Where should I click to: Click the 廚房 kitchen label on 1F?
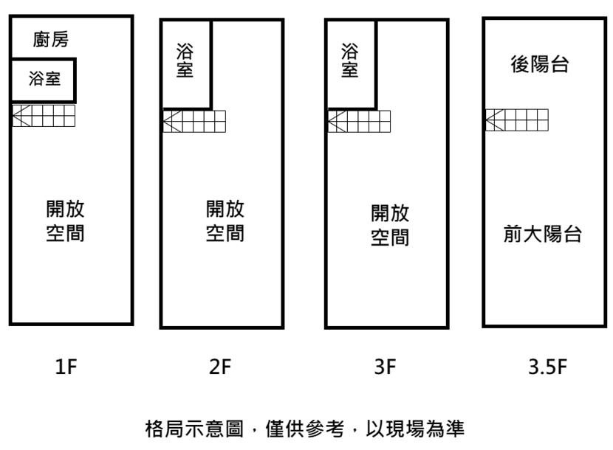(x=51, y=39)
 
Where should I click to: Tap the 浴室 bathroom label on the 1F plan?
(x=44, y=78)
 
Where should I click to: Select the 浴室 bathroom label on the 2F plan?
(x=185, y=60)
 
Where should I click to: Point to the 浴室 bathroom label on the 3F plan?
(x=349, y=60)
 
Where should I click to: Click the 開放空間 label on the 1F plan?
(x=65, y=221)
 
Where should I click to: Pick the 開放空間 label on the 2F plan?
(x=225, y=221)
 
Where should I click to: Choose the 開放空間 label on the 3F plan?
(x=390, y=225)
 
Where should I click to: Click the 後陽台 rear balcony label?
(x=539, y=64)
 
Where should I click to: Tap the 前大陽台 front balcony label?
(x=543, y=234)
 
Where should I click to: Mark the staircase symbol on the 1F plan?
(x=44, y=116)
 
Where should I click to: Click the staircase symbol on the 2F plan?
(x=194, y=122)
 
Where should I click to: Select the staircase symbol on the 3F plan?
(x=359, y=122)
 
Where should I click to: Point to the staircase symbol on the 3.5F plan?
(x=517, y=120)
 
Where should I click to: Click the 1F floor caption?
(x=66, y=367)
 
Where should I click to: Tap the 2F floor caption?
(x=220, y=367)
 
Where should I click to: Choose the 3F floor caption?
(x=385, y=367)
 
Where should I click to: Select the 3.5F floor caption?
(x=548, y=367)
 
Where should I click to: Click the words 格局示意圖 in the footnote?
(x=194, y=429)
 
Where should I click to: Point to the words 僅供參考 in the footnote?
(x=305, y=429)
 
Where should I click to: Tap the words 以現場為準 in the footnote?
(x=415, y=429)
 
